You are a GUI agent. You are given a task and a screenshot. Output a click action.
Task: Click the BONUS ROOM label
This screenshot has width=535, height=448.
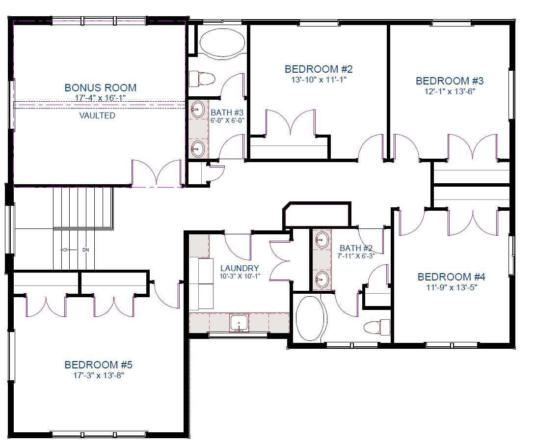(x=100, y=88)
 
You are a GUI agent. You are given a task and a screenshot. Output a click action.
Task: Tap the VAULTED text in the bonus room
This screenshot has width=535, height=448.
(x=97, y=115)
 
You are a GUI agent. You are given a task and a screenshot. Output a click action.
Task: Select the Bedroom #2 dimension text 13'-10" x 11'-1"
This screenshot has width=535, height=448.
(x=319, y=80)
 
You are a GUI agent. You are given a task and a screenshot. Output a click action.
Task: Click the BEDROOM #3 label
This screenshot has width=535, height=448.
(x=450, y=81)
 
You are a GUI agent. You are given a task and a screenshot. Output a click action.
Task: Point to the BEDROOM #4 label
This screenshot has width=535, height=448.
(x=452, y=277)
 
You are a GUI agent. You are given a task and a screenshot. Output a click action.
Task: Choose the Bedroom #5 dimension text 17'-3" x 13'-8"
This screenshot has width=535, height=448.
(x=98, y=375)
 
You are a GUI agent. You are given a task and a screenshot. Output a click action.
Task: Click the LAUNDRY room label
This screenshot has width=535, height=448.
(x=240, y=268)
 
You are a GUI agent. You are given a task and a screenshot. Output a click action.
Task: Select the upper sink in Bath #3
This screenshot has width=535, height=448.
(x=197, y=109)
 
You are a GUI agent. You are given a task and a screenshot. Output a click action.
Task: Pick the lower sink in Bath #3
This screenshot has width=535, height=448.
(x=197, y=149)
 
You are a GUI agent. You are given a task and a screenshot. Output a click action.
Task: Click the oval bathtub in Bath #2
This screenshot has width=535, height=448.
(x=310, y=319)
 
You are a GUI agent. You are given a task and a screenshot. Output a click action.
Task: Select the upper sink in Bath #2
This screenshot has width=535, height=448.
(x=322, y=240)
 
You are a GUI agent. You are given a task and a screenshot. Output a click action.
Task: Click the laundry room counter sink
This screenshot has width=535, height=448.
(x=239, y=323)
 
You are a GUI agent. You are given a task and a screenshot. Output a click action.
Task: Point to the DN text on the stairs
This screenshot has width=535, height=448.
(x=85, y=250)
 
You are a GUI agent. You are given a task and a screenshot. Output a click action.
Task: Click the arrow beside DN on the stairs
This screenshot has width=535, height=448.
(x=69, y=250)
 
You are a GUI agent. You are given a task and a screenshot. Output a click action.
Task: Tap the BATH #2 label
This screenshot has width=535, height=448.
(x=356, y=248)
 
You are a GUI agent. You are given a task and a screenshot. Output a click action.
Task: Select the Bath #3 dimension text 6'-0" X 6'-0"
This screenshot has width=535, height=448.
(x=227, y=120)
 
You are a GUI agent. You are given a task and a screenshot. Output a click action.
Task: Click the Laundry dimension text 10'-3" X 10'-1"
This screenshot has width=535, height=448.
(x=240, y=276)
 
